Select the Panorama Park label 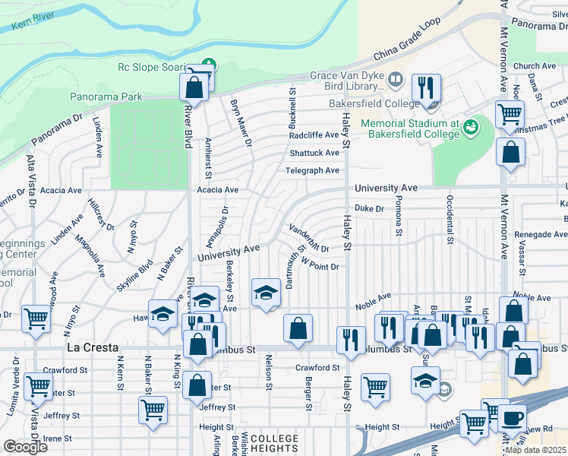click(106, 97)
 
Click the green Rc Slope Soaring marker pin click(210, 66)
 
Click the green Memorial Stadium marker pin click(472, 123)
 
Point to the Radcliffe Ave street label click(314, 135)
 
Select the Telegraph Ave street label click(312, 170)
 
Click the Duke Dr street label click(371, 207)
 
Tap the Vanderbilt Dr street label click(308, 237)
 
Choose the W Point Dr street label click(319, 262)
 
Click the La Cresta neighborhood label click(93, 347)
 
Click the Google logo click(25, 446)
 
